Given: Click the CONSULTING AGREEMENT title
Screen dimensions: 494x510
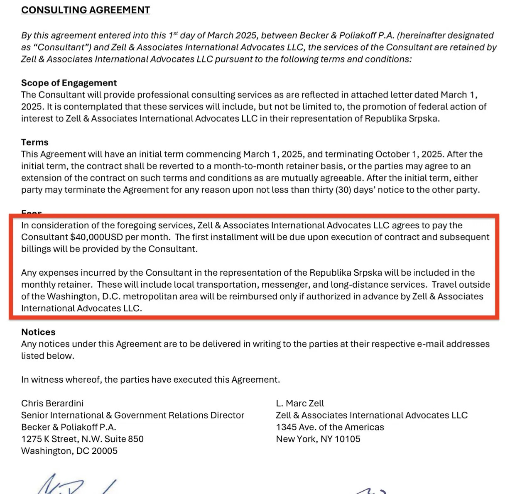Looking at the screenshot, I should (x=86, y=10).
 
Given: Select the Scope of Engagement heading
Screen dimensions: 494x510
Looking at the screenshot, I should (x=69, y=83).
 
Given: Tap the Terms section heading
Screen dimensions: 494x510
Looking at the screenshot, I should (x=35, y=142).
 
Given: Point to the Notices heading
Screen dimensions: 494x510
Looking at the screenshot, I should (x=38, y=332).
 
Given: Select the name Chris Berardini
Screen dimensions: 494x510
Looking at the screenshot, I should (x=52, y=403).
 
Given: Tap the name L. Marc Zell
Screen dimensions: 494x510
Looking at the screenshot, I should (x=300, y=403).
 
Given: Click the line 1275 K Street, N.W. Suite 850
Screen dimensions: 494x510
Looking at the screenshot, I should (x=82, y=439).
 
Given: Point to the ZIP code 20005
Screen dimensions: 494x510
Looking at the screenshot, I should (x=105, y=451).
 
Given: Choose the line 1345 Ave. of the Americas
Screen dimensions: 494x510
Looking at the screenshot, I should (x=330, y=427).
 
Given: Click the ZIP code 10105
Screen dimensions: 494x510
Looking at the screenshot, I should (x=347, y=439).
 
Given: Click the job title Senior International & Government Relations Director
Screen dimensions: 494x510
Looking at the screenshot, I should (x=132, y=415).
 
